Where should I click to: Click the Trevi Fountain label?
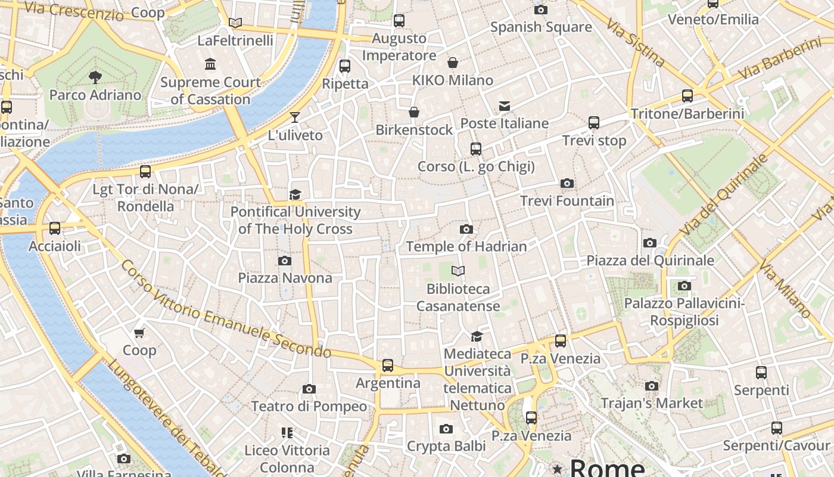click(567, 201)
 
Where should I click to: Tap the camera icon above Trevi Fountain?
click(567, 184)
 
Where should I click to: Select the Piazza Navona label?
click(285, 278)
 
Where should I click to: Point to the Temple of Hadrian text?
click(466, 246)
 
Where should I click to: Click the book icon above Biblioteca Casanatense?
click(458, 271)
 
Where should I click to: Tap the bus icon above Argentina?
click(388, 365)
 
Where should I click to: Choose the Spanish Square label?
click(541, 27)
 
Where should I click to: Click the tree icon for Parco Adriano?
click(95, 77)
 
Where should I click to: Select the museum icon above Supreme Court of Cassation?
click(210, 64)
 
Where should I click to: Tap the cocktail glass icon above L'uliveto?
click(295, 117)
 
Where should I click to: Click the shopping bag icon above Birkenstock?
click(413, 112)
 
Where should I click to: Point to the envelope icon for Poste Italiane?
click(505, 106)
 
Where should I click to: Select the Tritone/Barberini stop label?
click(687, 114)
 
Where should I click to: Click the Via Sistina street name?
click(635, 42)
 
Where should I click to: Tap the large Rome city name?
click(607, 467)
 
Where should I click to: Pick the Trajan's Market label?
click(652, 403)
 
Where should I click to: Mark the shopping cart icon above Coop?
click(139, 333)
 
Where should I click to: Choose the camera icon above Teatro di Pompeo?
click(309, 389)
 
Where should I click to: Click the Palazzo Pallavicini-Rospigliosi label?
click(684, 312)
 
